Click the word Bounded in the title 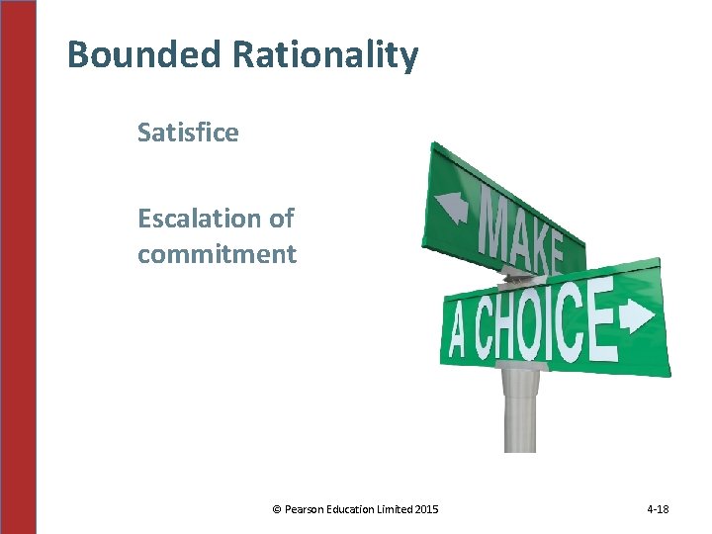pyautogui.click(x=144, y=54)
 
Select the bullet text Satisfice pyautogui.click(x=188, y=133)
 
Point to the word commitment pyautogui.click(x=217, y=254)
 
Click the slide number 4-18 pyautogui.click(x=658, y=509)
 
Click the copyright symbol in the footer pyautogui.click(x=276, y=509)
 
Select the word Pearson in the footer pyautogui.click(x=305, y=509)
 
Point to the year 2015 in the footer pyautogui.click(x=426, y=509)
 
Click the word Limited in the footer pyautogui.click(x=397, y=509)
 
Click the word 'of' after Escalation pyautogui.click(x=282, y=218)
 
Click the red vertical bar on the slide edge pyautogui.click(x=18, y=267)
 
